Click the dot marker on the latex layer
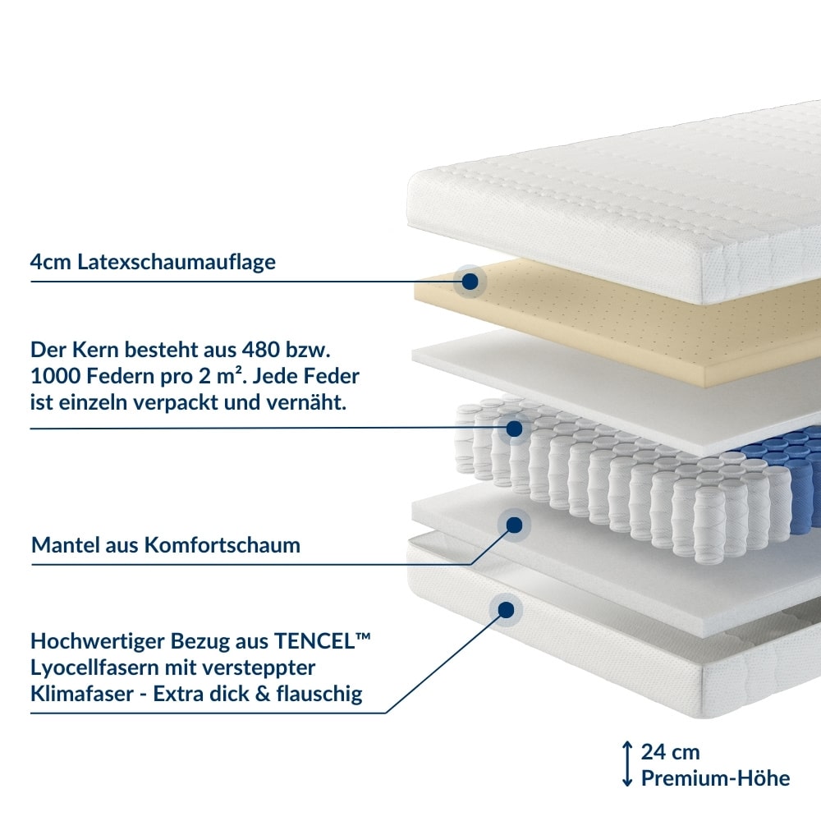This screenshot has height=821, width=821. coord(470,281)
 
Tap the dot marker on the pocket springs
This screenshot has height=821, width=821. coord(514,429)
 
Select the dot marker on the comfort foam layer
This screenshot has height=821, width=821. coord(514,525)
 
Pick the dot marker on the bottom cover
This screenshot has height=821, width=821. coord(506,610)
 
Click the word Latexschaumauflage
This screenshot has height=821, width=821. coord(177,262)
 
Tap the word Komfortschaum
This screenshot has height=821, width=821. coord(222,545)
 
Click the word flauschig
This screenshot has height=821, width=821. coord(319,695)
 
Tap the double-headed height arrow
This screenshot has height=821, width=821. coord(627,764)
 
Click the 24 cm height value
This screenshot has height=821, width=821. coord(670,752)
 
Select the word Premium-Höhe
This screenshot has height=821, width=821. coord(715,778)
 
